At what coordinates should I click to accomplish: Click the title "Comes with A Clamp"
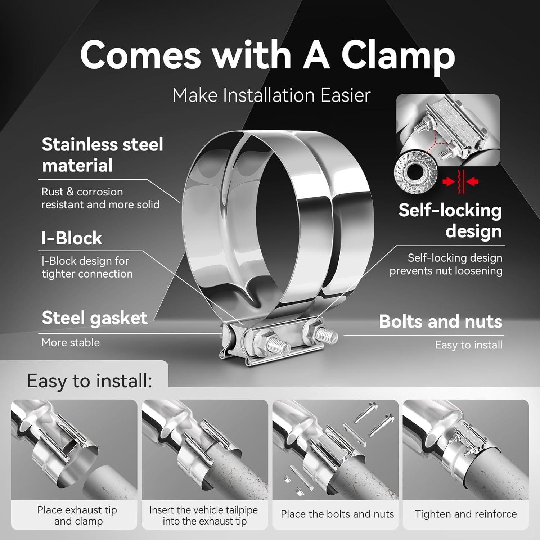(267, 55)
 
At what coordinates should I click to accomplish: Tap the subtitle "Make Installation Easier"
(271, 95)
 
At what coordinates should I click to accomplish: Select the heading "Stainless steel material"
(102, 155)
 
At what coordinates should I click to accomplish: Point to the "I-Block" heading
(72, 238)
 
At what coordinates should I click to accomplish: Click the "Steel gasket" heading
(94, 318)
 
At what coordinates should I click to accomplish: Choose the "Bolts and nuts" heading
(440, 321)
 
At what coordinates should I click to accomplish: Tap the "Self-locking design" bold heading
(450, 220)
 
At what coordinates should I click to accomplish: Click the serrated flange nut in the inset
(415, 169)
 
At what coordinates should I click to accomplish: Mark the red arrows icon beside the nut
(460, 181)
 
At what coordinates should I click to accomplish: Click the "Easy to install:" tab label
(89, 381)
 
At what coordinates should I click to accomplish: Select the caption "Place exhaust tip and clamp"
(77, 516)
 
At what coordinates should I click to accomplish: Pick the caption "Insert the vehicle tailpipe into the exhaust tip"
(204, 516)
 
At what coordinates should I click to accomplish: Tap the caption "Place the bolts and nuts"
(337, 514)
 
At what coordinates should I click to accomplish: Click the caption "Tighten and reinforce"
(465, 514)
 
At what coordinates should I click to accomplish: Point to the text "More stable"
(71, 342)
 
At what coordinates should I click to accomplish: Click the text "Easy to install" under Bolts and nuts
(468, 345)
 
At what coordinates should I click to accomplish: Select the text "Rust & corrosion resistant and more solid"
(100, 198)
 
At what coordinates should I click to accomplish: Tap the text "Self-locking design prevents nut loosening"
(446, 264)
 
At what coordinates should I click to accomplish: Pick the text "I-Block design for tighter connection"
(87, 267)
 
